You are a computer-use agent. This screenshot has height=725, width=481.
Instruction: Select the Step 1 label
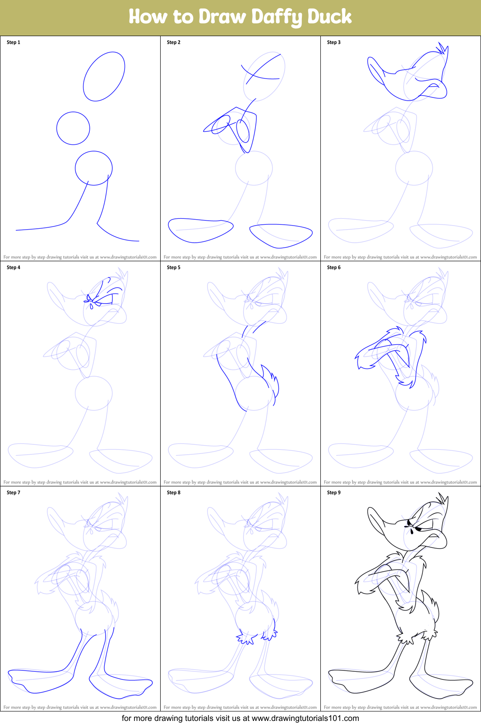(x=13, y=42)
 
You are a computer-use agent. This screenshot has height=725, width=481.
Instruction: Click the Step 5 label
(x=174, y=268)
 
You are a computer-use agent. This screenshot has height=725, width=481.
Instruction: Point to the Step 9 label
(x=334, y=493)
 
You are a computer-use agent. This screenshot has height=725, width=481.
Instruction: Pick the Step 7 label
(x=13, y=493)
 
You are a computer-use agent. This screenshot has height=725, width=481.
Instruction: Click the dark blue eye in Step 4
(x=104, y=300)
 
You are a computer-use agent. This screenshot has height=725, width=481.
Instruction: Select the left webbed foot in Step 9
(x=361, y=681)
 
